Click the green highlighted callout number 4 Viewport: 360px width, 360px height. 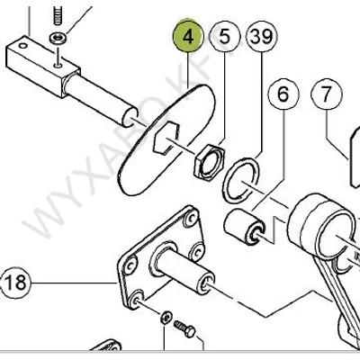point(188,38)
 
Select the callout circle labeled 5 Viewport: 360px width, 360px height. point(224,38)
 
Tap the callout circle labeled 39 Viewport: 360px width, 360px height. point(260,38)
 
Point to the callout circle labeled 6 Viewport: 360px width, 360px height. point(282,93)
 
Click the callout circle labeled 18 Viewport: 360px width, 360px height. point(16,283)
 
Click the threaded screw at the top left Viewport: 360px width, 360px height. point(57,15)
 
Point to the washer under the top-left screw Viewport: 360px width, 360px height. point(57,37)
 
